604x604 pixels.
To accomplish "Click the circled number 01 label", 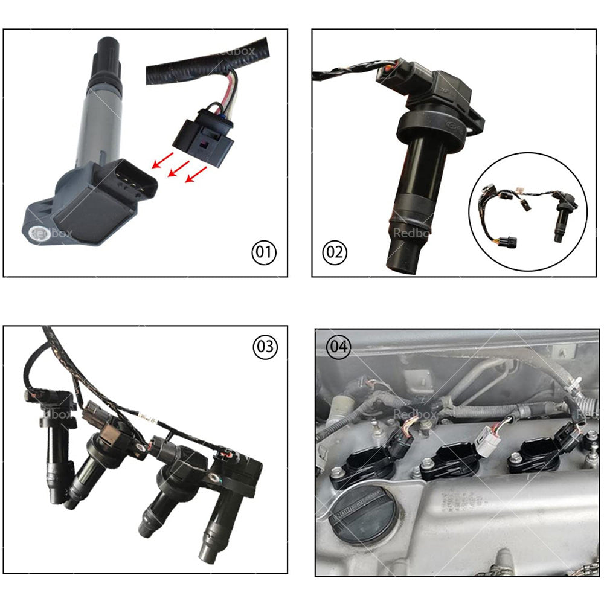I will [263, 252].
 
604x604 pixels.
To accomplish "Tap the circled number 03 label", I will [265, 347].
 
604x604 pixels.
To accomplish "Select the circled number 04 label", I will [338, 347].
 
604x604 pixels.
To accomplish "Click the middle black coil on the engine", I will [450, 462].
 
